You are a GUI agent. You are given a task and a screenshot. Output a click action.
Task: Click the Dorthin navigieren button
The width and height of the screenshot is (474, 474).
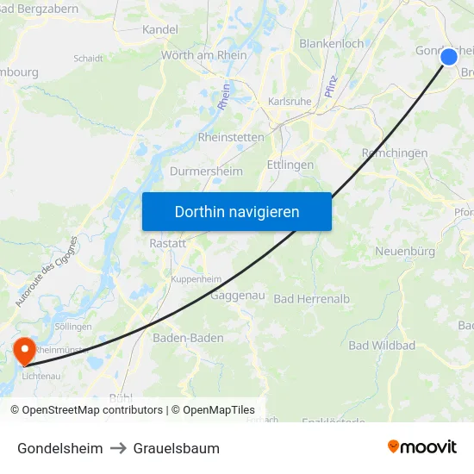point(237,211)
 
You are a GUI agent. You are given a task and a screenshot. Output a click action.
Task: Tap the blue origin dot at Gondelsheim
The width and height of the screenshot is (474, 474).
point(449,57)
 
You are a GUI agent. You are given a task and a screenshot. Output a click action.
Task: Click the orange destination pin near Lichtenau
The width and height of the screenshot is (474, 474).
point(25,350)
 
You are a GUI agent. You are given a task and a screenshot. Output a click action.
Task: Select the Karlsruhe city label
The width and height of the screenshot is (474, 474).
point(290,101)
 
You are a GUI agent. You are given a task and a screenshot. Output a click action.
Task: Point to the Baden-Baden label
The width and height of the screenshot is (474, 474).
point(188,338)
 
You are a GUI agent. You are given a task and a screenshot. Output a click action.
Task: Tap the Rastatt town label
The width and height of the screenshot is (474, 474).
point(167,243)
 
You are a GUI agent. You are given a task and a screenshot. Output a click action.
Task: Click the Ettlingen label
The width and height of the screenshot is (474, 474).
point(290,165)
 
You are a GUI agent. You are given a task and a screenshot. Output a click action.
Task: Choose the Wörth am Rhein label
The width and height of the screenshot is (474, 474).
point(203,55)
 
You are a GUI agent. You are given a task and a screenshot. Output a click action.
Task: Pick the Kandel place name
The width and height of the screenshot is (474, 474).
point(160,29)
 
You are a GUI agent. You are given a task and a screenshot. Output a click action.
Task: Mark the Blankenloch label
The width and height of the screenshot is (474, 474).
point(331,43)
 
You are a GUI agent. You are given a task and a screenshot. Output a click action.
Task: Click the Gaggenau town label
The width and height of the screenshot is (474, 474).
point(237,295)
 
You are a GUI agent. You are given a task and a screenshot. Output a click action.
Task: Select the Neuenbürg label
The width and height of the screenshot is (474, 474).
point(405,252)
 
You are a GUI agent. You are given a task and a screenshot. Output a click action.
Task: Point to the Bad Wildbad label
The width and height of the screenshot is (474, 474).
point(382,346)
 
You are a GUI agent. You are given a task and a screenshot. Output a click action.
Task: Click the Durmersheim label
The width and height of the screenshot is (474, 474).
point(208,171)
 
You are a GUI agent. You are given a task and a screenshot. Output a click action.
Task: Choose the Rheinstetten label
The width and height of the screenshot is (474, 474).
point(231,137)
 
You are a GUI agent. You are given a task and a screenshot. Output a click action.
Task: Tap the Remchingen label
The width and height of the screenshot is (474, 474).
point(394,153)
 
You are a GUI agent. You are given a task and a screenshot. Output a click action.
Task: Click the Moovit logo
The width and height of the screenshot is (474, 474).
point(422,447)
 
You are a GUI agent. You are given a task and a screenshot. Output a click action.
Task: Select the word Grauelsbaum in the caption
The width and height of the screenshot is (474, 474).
point(177,448)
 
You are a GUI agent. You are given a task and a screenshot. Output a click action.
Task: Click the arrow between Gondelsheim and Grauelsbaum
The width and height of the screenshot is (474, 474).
point(118,448)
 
